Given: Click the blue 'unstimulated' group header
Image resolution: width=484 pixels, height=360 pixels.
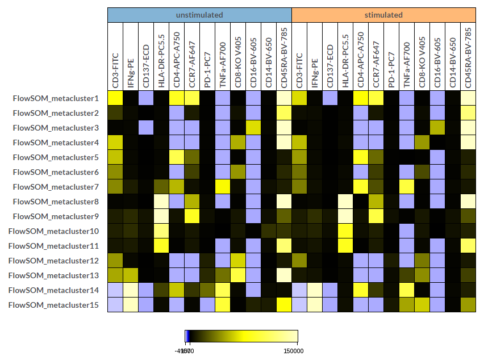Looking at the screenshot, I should coord(199,15).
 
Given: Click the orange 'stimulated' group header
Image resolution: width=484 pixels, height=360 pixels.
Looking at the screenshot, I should coord(383,15).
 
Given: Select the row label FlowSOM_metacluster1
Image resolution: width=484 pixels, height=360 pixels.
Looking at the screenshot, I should coord(57,98).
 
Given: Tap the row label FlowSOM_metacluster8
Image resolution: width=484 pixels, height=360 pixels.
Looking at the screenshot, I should coord(57,202).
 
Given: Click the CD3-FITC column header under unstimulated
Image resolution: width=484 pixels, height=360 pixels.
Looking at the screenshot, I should coord(115,68).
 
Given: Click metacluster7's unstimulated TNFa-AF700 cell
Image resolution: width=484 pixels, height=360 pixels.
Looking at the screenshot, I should coord(223,186).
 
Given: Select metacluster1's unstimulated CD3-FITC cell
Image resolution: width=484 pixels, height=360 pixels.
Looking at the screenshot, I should coord(115,98).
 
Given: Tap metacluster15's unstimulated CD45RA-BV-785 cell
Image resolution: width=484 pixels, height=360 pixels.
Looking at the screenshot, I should coord(284,304).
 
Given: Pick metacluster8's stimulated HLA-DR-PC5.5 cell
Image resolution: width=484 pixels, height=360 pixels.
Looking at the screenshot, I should coord(345,201).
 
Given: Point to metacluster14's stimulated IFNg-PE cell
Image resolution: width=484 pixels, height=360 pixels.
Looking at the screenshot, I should coord(315,290).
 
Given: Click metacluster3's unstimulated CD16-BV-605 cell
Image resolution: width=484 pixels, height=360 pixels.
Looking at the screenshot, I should coord(253,127).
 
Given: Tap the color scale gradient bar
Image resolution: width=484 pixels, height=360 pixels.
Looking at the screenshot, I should coord(241,336).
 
